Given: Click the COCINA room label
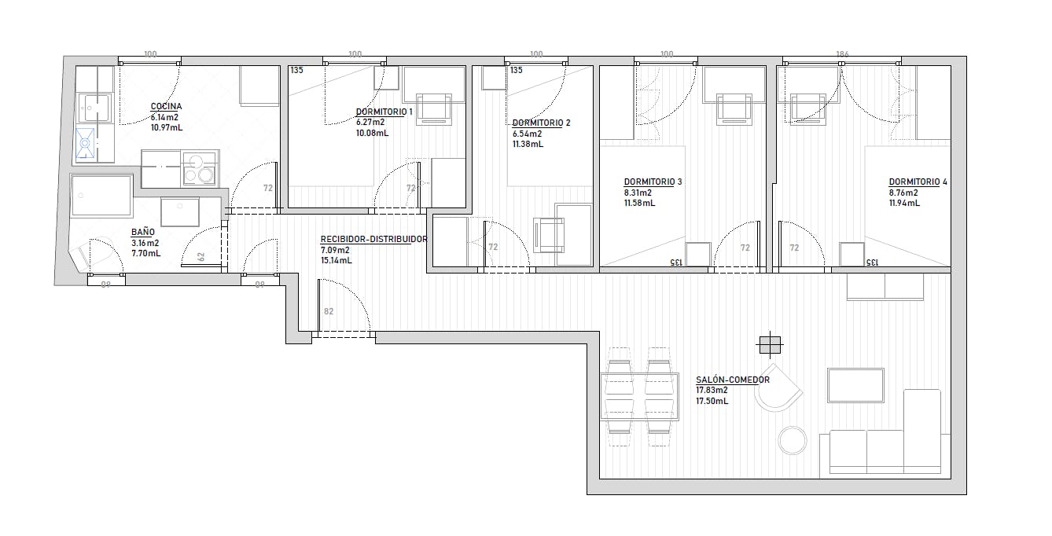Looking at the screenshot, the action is pyautogui.click(x=166, y=107).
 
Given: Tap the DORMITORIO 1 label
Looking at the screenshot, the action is pyautogui.click(x=384, y=112).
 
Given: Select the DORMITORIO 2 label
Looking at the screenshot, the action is pyautogui.click(x=541, y=123).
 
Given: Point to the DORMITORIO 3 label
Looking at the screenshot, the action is pyautogui.click(x=653, y=182).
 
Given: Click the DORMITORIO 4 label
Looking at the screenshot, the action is pyautogui.click(x=918, y=182).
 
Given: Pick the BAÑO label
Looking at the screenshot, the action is pyautogui.click(x=143, y=232).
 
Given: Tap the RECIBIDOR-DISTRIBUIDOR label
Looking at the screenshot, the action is pyautogui.click(x=373, y=239).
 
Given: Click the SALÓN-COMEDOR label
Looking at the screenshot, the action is pyautogui.click(x=733, y=380).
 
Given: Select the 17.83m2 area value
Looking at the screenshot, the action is pyautogui.click(x=712, y=390).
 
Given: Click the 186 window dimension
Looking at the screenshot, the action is pyautogui.click(x=843, y=54).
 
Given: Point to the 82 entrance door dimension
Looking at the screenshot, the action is pyautogui.click(x=329, y=311).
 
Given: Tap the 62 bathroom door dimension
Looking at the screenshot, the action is pyautogui.click(x=201, y=257).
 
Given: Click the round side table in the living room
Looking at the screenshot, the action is pyautogui.click(x=793, y=441).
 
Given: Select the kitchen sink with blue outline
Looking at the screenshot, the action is pyautogui.click(x=85, y=143).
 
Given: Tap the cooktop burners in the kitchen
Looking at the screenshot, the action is pyautogui.click(x=200, y=168).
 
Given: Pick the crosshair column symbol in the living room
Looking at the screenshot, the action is pyautogui.click(x=770, y=346).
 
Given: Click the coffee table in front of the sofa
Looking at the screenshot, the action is pyautogui.click(x=855, y=385).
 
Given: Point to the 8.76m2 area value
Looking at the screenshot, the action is pyautogui.click(x=903, y=193).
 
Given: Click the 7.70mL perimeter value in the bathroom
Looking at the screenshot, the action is pyautogui.click(x=146, y=253).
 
